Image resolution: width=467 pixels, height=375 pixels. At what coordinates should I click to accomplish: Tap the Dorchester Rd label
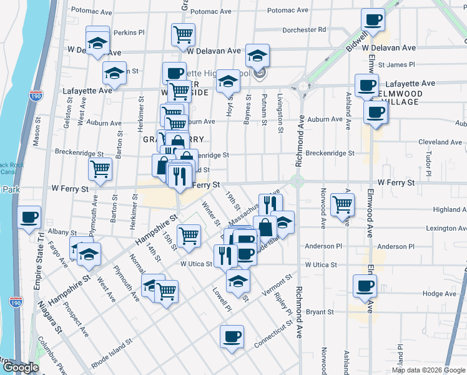(x=304, y=29)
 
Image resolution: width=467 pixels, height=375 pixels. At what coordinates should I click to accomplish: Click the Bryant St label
(x=320, y=311)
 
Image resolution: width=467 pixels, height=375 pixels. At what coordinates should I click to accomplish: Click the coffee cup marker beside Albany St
(x=29, y=218)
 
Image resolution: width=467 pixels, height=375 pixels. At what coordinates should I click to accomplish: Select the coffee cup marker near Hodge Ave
(x=365, y=286)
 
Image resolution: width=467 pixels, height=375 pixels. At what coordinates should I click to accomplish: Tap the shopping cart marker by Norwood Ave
(x=342, y=204)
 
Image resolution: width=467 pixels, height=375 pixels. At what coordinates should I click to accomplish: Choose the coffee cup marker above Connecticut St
(x=232, y=337)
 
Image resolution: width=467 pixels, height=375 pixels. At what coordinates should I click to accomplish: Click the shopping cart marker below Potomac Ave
(x=183, y=35)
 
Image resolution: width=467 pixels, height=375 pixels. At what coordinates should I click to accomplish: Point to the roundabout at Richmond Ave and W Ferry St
(x=297, y=182)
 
